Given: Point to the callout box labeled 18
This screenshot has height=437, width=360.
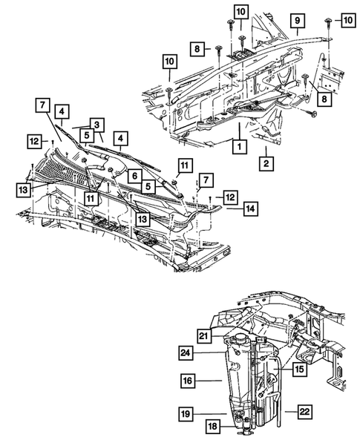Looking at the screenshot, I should point(213,425).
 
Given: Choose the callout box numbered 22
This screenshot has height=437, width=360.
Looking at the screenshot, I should point(304,410).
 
